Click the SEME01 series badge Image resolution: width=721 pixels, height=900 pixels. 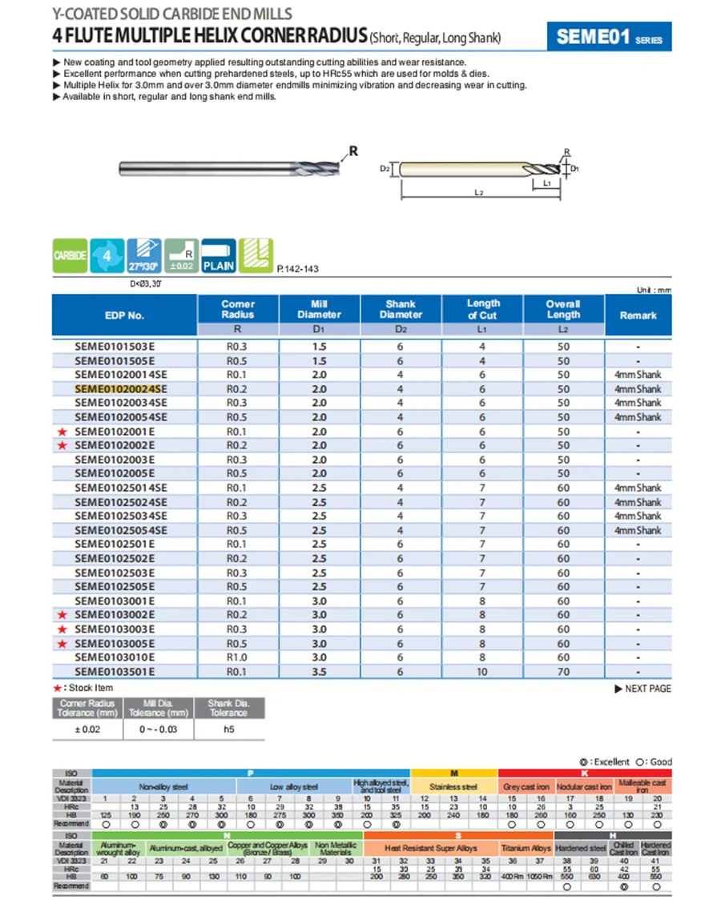click(x=608, y=38)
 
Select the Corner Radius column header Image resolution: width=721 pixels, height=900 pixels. click(x=237, y=309)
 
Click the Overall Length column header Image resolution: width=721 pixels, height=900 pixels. click(x=563, y=309)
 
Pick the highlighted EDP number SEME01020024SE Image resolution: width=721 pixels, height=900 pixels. click(x=121, y=388)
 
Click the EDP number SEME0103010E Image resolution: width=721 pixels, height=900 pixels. click(x=115, y=657)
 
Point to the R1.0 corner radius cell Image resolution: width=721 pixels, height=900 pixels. click(x=236, y=657)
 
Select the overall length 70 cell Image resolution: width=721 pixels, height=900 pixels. click(x=563, y=672)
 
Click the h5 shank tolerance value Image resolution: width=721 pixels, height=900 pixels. click(x=228, y=730)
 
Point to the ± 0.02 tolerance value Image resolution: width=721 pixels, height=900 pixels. click(x=87, y=730)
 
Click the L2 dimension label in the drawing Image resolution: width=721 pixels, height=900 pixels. click(x=478, y=193)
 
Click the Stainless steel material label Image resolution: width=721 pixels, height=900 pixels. click(x=453, y=787)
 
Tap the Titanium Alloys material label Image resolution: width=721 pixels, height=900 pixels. click(x=526, y=848)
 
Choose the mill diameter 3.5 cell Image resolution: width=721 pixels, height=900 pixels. click(x=319, y=672)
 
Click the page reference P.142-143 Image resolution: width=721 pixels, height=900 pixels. click(x=297, y=269)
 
